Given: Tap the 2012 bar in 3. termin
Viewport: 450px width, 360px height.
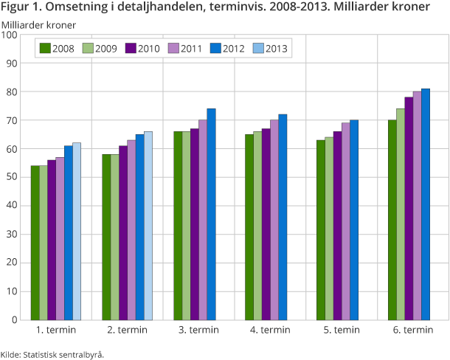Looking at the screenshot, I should [x=211, y=214].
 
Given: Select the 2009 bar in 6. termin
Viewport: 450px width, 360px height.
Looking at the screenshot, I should [x=401, y=214].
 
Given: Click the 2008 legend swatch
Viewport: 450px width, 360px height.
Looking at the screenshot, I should [x=45, y=49].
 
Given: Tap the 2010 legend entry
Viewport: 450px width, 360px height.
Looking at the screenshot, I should [x=139, y=49].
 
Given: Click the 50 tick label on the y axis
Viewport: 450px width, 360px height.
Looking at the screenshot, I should [x=12, y=177].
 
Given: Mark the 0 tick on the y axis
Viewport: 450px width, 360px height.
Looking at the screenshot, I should [x=14, y=320].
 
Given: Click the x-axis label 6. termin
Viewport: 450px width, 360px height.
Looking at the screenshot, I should [x=412, y=330].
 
